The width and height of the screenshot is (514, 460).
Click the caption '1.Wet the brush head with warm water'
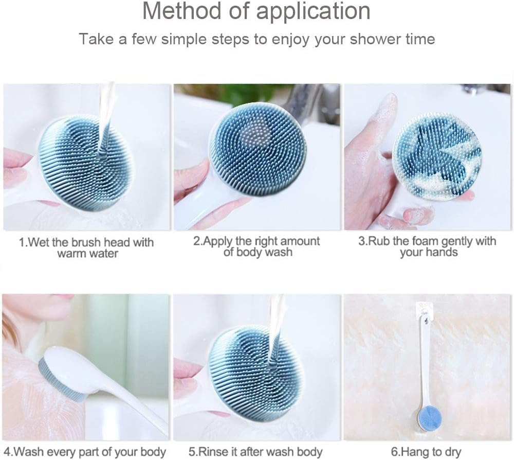click(86, 247)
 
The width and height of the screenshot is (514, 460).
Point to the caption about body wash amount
click(256, 246)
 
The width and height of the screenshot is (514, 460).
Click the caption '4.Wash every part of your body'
click(84, 452)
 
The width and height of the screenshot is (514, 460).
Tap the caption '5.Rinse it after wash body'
click(255, 452)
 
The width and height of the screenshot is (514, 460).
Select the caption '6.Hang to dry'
click(427, 452)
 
